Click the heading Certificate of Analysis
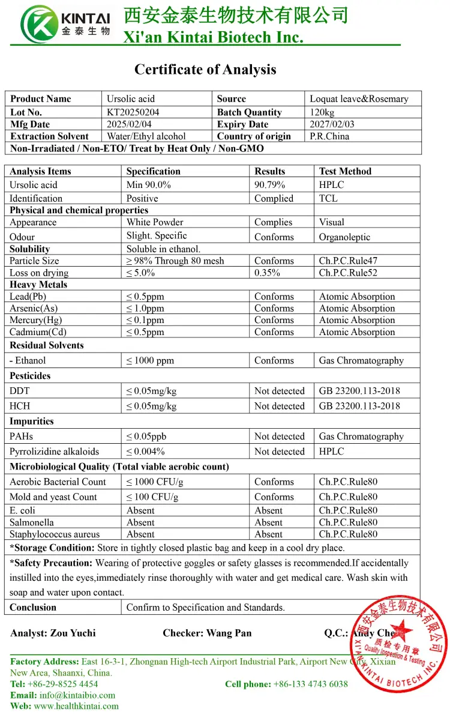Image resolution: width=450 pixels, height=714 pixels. coord(205,70)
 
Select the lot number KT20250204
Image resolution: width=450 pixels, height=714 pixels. coord(133,112)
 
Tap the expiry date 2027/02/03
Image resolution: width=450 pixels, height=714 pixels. coord(332,124)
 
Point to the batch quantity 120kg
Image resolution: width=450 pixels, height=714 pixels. coord(322,112)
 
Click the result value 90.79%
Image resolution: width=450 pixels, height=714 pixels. coord(269,185)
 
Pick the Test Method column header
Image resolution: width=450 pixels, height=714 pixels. coord(345,171)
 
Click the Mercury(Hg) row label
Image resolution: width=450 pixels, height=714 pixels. coord(35,320)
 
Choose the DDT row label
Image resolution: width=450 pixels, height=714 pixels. coord(20,391)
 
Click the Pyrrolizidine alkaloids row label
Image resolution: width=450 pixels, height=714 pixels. coord(54,452)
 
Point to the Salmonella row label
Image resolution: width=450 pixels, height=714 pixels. coord(31,522)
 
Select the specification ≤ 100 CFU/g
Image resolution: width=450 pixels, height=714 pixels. coord(152,497)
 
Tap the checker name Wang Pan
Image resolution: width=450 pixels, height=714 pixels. coord(229,633)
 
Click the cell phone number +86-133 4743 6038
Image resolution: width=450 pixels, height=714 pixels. coord(310,684)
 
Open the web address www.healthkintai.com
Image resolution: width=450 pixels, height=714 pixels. coord(76,706)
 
